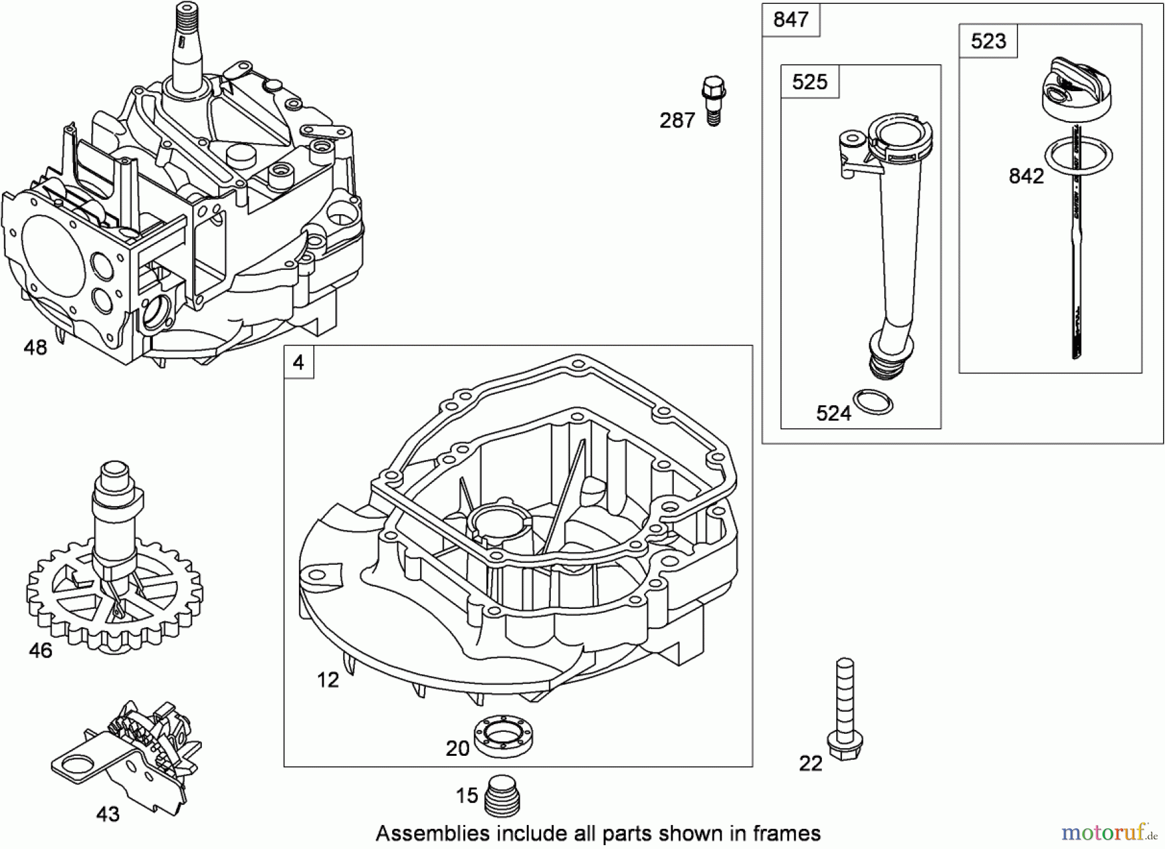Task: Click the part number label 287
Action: pos(677,120)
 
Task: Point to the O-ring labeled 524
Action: pos(873,401)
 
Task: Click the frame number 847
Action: pos(790,19)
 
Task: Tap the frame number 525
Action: pos(810,82)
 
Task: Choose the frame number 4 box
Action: pos(298,362)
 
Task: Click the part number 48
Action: pos(36,347)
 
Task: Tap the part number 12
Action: pos(327,679)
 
